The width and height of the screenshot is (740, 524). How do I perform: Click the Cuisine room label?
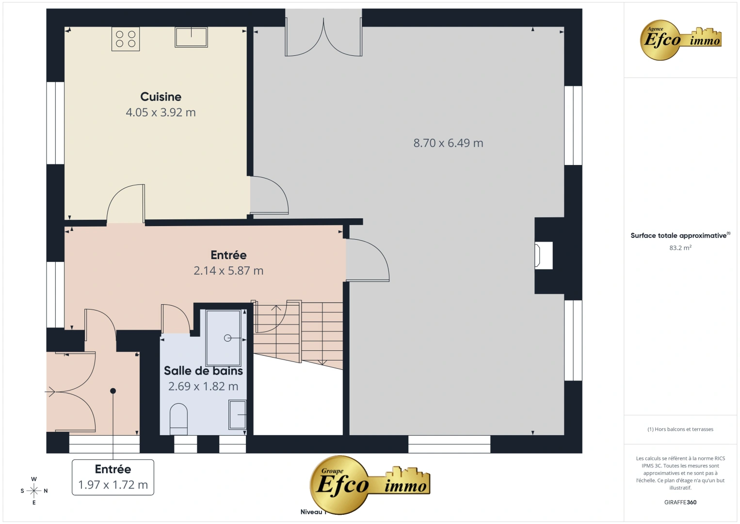[x=161, y=97]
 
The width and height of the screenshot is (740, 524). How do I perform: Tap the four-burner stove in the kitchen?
[x=126, y=39]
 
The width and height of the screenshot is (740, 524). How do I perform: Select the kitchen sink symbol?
[x=191, y=37]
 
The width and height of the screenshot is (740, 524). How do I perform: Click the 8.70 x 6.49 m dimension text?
[x=448, y=143]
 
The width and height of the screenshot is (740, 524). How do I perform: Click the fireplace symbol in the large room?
[x=538, y=255]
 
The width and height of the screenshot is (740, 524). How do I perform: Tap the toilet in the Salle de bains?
[x=178, y=419]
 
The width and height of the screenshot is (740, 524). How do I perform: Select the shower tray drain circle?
[x=227, y=338]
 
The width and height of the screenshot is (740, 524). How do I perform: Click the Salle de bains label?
[x=203, y=371]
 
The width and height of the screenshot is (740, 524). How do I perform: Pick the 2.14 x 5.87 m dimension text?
[x=228, y=271]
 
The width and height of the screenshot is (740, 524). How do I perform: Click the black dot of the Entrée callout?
[x=113, y=391]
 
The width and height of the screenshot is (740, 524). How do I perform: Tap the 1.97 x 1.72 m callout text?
[x=113, y=485]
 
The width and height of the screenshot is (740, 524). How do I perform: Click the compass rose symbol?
[x=34, y=491]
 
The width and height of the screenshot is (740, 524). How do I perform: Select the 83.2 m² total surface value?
[x=680, y=248]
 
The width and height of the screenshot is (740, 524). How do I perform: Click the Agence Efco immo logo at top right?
[x=681, y=40]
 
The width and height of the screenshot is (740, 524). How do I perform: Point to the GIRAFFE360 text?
[x=680, y=502]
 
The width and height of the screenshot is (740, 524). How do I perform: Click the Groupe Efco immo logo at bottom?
[x=370, y=484]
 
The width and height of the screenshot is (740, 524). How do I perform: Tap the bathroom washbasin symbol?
[x=238, y=414]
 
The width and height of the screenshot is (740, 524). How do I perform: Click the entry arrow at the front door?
[x=50, y=391]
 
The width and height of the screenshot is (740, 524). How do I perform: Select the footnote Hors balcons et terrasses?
[x=680, y=429]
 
